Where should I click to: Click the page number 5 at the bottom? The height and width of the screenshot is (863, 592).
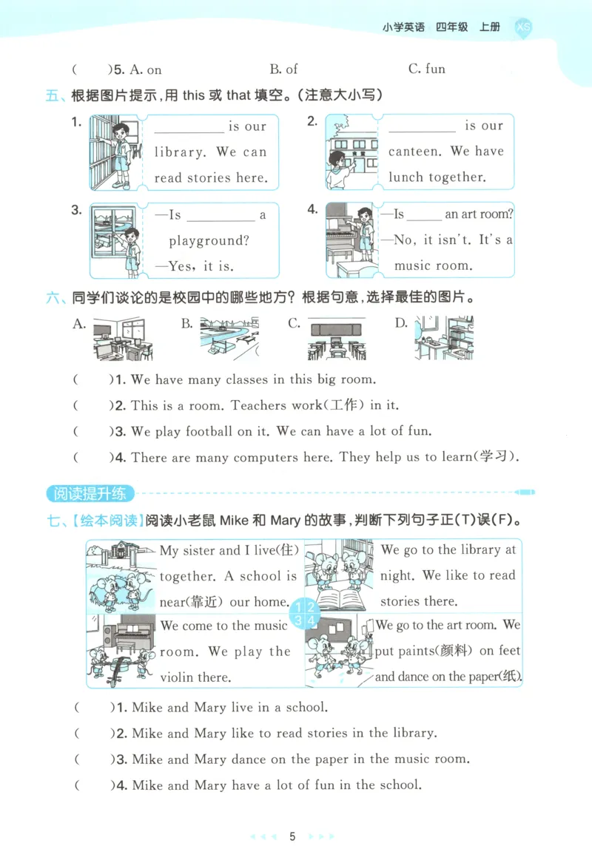pos(292,836)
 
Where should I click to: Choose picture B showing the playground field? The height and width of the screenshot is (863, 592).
pos(229,339)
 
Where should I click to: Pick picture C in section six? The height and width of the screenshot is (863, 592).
pos(336,339)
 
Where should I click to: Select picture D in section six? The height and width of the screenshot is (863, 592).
pos(443,339)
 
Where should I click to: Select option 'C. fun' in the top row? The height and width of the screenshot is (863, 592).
pos(426,70)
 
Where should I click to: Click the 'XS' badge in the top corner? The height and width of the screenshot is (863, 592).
pos(522,27)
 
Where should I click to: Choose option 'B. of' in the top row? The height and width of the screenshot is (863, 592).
pos(283,70)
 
